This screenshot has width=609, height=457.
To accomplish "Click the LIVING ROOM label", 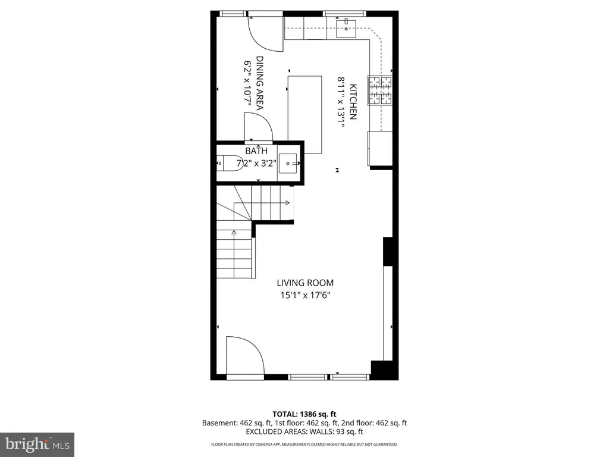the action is [305, 283].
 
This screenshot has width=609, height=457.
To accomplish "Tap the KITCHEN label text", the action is [353, 102].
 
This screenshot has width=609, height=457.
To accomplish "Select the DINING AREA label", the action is [260, 83].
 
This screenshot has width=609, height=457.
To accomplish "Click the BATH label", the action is [256, 151].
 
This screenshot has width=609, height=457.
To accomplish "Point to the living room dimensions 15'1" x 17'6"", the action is [305, 295].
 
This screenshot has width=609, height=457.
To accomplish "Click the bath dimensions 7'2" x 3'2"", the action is [256, 163].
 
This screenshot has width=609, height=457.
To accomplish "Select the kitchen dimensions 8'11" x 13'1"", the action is [341, 102].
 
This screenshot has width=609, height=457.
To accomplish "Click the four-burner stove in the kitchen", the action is [380, 90].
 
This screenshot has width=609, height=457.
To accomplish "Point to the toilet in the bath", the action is [229, 163].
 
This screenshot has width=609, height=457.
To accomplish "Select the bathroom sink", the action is [288, 163].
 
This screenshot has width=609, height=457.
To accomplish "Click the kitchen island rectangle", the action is [305, 115].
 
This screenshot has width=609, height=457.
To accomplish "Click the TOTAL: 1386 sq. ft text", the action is [304, 414].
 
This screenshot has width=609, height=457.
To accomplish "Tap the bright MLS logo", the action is [37, 445].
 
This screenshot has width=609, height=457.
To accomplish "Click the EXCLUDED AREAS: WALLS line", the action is [304, 431].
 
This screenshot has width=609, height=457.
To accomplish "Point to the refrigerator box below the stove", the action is [380, 148].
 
